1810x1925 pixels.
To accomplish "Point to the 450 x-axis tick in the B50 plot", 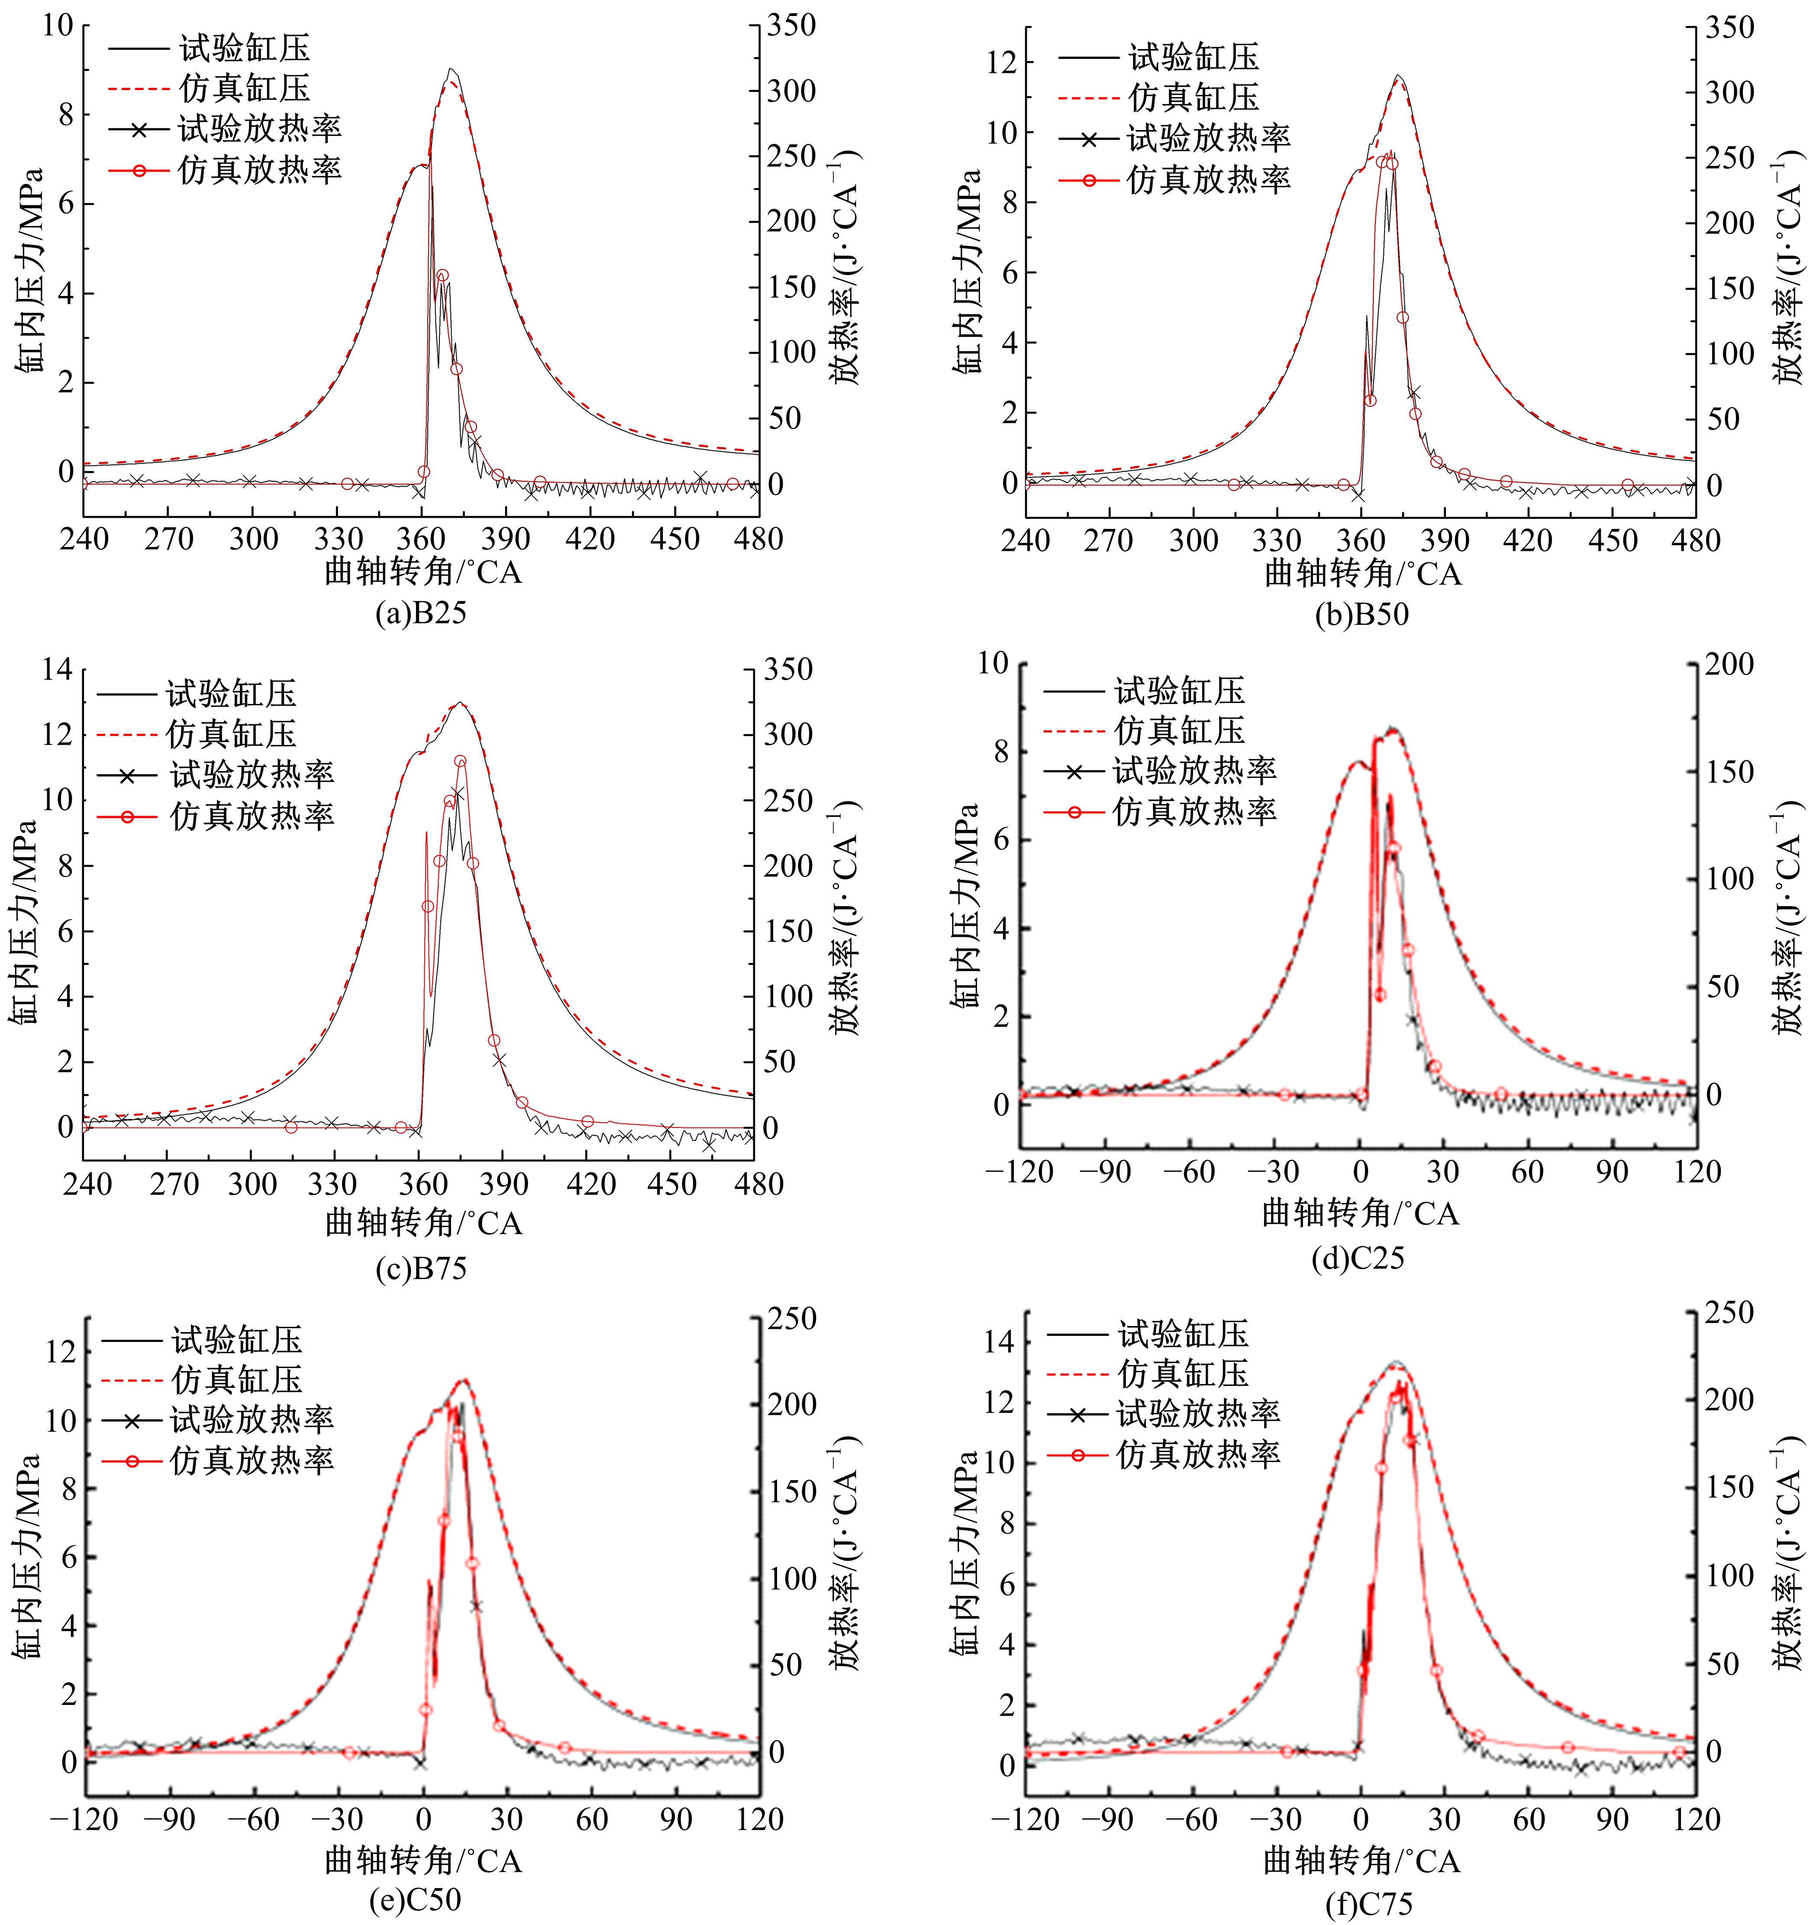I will click(1613, 539).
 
